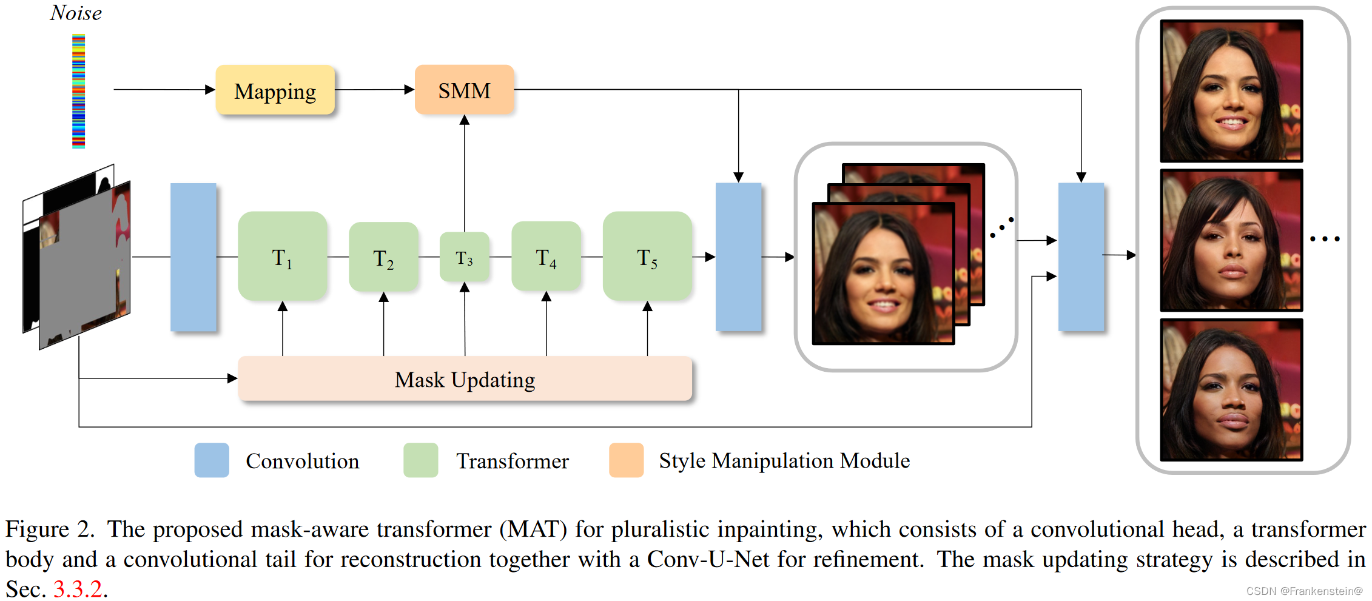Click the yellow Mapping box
click(275, 90)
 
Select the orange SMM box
click(464, 90)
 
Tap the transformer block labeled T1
click(282, 257)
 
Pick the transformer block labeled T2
click(383, 257)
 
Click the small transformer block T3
click(464, 257)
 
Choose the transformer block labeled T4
click(546, 257)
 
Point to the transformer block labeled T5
click(647, 257)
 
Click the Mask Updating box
click(465, 379)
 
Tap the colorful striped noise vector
click(78, 91)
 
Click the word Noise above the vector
click(76, 13)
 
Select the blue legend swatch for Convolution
click(212, 460)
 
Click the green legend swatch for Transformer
click(420, 460)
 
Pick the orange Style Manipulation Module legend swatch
click(626, 460)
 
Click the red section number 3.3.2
click(78, 589)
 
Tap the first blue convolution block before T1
click(193, 257)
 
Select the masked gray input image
click(85, 267)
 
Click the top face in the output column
click(1231, 91)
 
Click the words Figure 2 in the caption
click(50, 529)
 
